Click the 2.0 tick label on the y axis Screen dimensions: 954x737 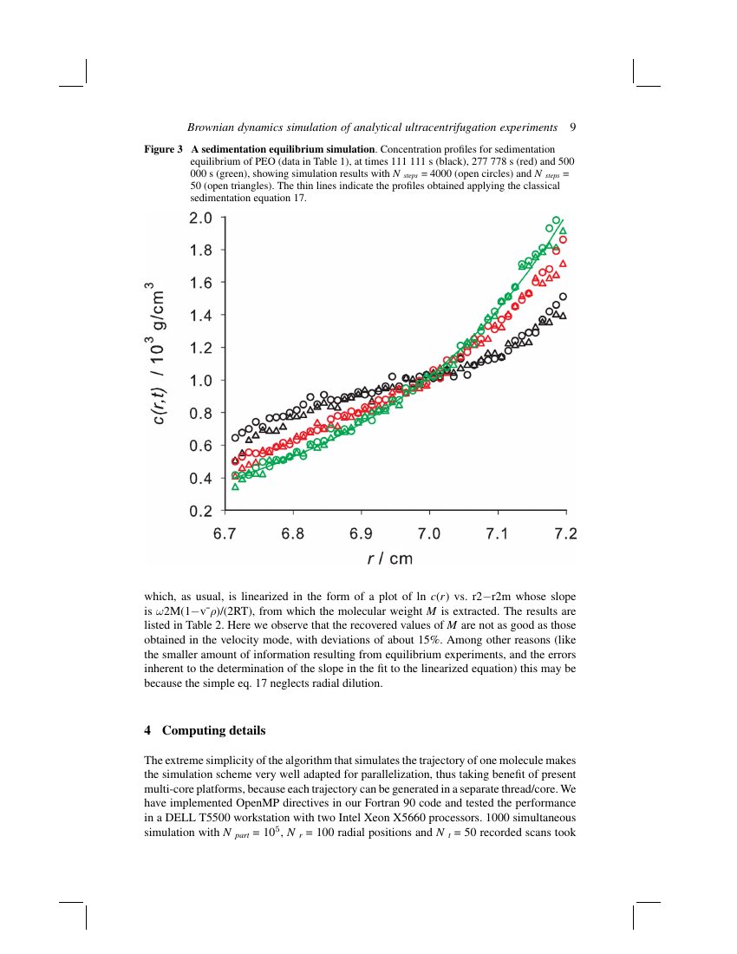[201, 218]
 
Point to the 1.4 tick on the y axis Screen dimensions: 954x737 [201, 316]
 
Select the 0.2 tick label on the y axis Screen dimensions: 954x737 [201, 511]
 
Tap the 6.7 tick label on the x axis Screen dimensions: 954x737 [225, 533]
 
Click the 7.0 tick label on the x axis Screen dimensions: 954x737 [429, 533]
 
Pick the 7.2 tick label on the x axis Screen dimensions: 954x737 [565, 533]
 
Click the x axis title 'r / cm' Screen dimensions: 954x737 [390, 559]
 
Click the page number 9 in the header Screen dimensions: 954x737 [573, 127]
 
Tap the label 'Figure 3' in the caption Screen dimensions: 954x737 [163, 149]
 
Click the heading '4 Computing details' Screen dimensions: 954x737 [205, 730]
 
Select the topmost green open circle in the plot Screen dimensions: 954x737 [556, 220]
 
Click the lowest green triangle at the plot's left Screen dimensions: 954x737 [235, 487]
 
